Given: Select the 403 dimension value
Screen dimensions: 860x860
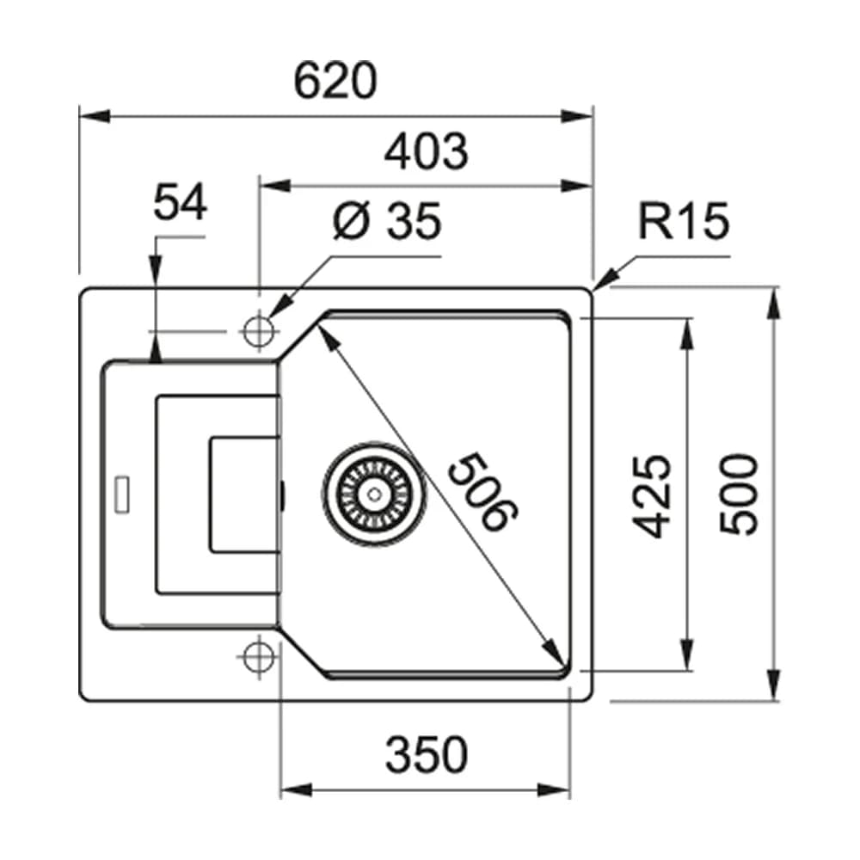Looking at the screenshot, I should (426, 152).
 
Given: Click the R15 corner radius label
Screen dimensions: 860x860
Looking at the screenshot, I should (682, 222).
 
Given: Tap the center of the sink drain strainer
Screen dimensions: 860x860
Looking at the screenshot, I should (373, 493).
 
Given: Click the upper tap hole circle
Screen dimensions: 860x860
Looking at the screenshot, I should (256, 330).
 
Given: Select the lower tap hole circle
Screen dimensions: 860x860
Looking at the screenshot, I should (256, 658).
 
